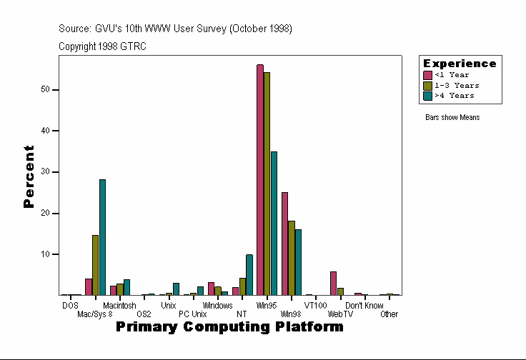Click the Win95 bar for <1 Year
point(260,179)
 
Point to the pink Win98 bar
point(284,244)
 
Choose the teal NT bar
point(249,275)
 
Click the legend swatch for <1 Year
point(428,75)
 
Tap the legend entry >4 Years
point(454,95)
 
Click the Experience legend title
point(460,64)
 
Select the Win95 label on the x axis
point(267,306)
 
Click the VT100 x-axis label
point(315,306)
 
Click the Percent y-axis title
point(29,176)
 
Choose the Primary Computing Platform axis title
point(229,327)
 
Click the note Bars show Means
point(452,117)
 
